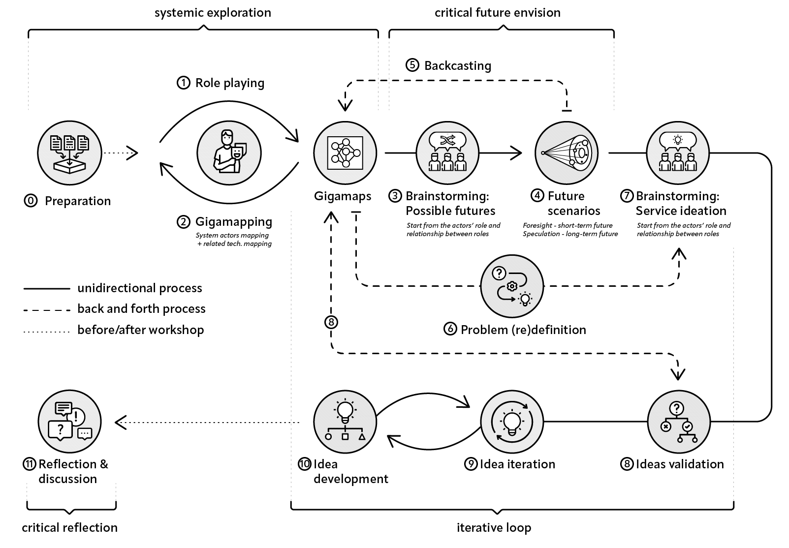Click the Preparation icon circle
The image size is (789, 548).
click(69, 153)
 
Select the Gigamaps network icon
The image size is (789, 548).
click(345, 153)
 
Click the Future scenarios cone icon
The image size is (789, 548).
click(567, 153)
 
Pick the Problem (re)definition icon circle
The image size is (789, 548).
click(512, 286)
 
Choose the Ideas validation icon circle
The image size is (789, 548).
click(679, 422)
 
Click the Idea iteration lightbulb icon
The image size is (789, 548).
click(512, 422)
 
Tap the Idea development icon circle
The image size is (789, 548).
click(345, 422)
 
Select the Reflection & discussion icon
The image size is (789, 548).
click(69, 422)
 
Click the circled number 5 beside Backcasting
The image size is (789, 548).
click(412, 65)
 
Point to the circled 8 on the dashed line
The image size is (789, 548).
click(331, 322)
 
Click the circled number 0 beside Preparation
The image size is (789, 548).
click(31, 201)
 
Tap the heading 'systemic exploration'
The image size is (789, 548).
click(213, 13)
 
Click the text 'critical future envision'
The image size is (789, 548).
click(497, 13)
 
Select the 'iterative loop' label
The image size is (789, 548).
click(494, 528)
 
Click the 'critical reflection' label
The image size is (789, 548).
click(70, 528)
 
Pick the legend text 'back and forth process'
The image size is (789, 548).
click(141, 309)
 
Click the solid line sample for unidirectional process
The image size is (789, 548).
click(47, 288)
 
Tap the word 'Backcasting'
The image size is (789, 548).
click(458, 66)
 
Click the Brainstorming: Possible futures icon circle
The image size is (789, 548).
click(447, 153)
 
